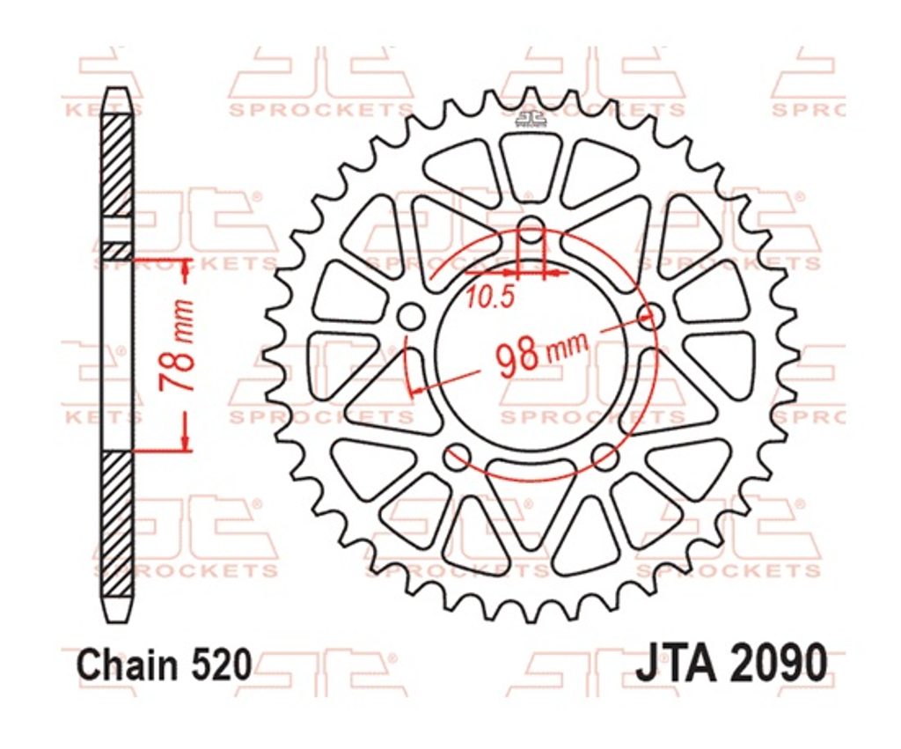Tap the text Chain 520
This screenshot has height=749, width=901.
coord(165,665)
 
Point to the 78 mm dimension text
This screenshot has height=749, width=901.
coord(176,345)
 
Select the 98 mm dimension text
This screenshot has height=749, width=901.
coord(542,352)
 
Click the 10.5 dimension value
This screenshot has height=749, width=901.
coord(488,297)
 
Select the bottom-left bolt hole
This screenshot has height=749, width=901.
coord(458,456)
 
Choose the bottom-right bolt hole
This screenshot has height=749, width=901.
coord(605,456)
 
